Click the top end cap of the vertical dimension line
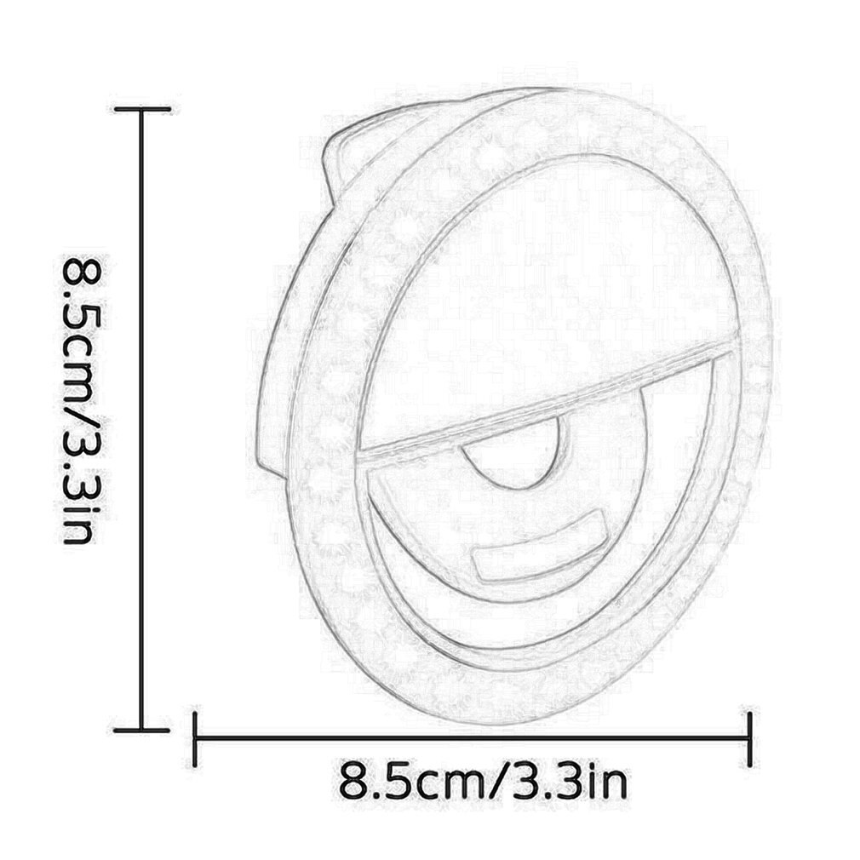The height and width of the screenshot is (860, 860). [x=142, y=110]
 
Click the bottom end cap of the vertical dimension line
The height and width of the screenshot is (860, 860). [x=142, y=729]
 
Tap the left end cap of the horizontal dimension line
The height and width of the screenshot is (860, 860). [x=196, y=738]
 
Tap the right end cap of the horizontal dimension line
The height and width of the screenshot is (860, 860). [x=749, y=738]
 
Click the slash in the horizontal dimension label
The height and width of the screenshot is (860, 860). [x=494, y=781]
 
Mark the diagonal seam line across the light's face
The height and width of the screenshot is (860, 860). [x=545, y=400]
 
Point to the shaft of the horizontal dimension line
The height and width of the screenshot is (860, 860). [x=473, y=738]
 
